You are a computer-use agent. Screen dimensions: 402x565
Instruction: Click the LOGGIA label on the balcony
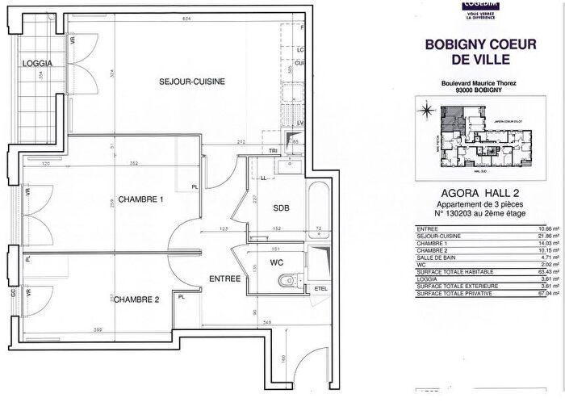tap(38, 63)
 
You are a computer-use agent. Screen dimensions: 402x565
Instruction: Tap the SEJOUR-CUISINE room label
tap(191, 82)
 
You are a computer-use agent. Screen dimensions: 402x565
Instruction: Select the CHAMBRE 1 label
tap(141, 199)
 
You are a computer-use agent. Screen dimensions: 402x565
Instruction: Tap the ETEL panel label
tap(320, 287)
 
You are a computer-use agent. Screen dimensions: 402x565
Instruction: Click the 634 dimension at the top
tap(187, 19)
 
